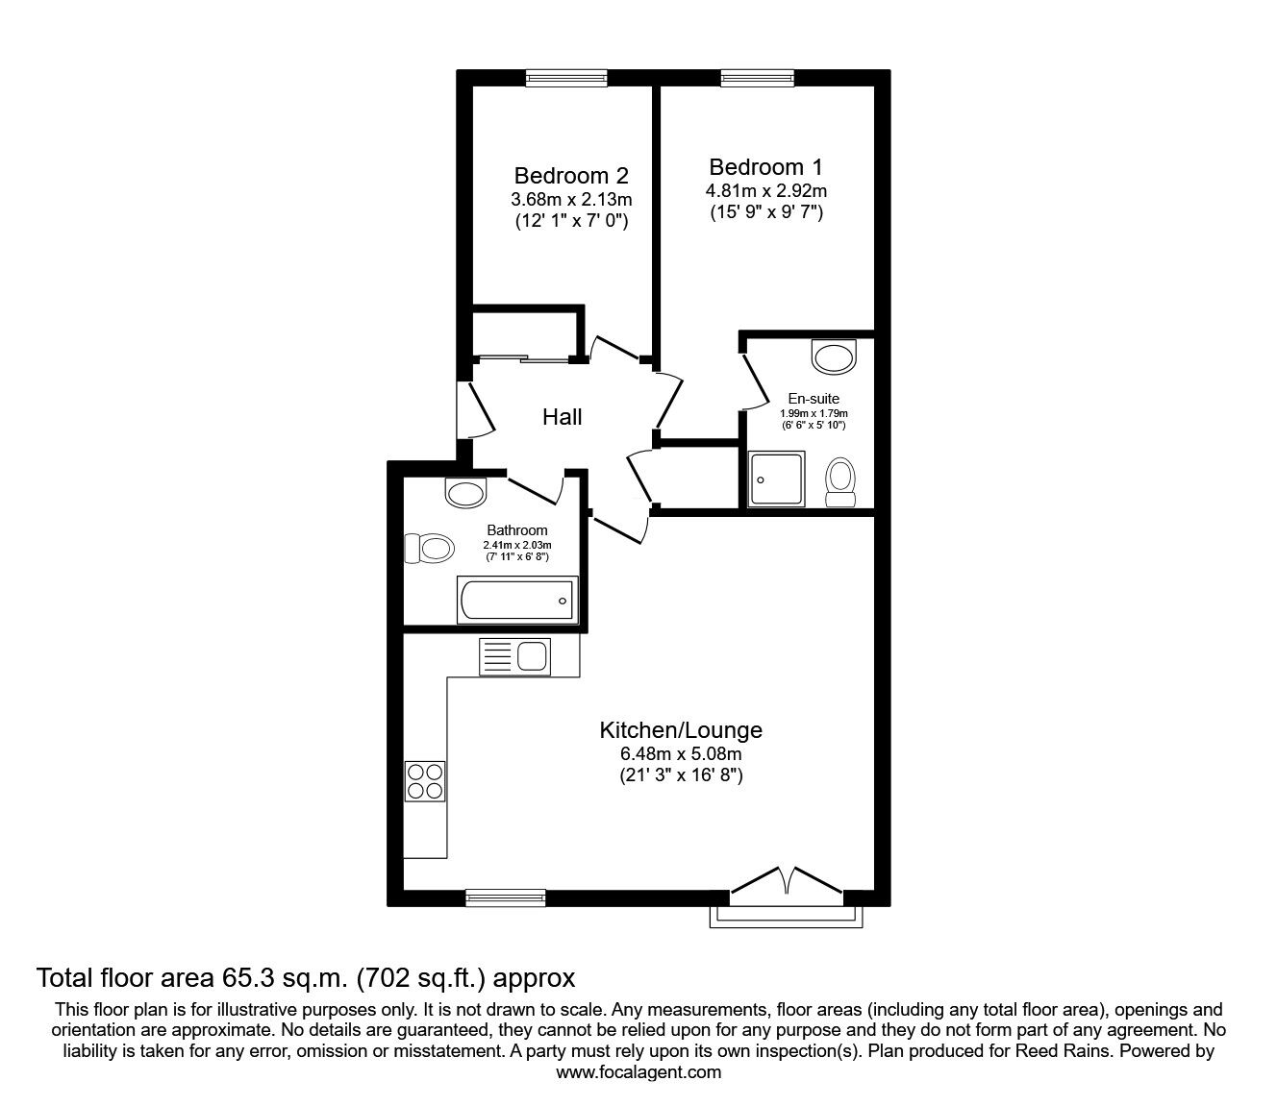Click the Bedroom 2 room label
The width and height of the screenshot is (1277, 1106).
[x=571, y=176]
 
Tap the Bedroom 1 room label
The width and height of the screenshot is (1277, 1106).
[x=765, y=166]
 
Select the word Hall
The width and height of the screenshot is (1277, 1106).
[x=563, y=417]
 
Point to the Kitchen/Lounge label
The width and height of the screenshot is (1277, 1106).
[x=681, y=729]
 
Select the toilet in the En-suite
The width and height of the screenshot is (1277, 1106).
[x=841, y=481]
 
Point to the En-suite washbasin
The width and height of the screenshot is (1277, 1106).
[x=833, y=356]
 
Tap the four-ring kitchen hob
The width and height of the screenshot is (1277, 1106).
[x=425, y=779]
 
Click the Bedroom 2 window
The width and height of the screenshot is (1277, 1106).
[x=566, y=78]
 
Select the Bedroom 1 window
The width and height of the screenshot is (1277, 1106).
[x=757, y=78]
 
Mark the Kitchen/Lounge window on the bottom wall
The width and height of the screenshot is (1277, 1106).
[x=505, y=897]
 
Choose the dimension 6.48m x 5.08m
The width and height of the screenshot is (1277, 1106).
[x=681, y=754]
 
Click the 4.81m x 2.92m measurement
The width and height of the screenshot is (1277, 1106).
[x=765, y=191]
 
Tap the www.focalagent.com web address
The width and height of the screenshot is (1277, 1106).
[x=638, y=1072]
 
